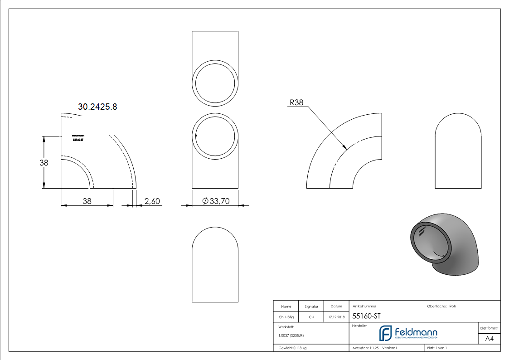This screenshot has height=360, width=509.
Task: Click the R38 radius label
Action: (296, 102)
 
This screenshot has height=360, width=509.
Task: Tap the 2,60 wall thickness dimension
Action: (152, 201)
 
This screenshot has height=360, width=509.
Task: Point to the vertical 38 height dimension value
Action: (44, 162)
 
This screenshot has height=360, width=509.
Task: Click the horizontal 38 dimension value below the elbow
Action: (87, 201)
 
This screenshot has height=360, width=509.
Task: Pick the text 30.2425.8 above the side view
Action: (97, 107)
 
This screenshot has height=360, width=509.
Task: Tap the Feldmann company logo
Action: (408, 334)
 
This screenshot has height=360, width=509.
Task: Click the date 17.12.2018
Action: (336, 317)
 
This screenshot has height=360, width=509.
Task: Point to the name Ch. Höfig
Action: (286, 317)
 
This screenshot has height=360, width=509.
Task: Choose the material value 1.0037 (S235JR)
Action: (291, 336)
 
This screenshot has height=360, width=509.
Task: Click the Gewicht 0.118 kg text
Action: (292, 348)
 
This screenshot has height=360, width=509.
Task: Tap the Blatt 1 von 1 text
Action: (437, 348)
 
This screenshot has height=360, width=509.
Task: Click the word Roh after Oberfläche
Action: (452, 306)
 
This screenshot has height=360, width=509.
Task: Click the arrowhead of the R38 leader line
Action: (346, 148)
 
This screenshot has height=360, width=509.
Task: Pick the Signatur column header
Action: (311, 306)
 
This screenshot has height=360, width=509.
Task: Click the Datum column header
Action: (336, 306)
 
